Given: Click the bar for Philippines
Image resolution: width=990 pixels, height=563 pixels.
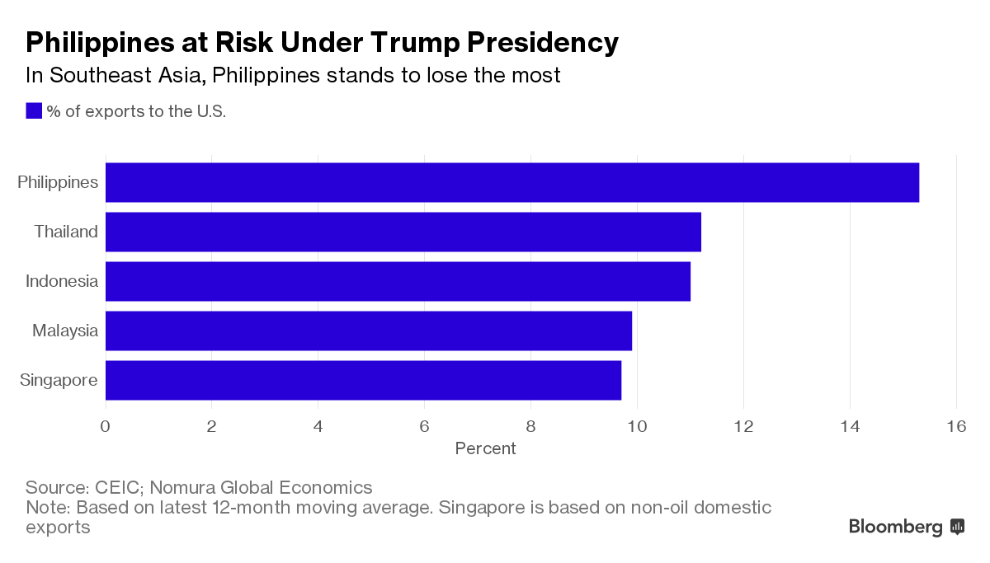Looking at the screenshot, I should click(x=511, y=182).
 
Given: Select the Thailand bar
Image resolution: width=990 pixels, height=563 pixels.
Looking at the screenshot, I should click(x=403, y=232).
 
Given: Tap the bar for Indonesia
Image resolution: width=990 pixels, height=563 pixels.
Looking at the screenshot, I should click(x=398, y=281).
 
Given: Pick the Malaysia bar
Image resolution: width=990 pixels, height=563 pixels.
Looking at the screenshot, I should click(x=368, y=331).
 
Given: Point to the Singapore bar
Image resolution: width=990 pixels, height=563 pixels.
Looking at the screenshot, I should click(x=363, y=380).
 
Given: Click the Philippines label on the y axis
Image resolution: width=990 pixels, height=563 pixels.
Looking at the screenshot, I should click(x=58, y=182).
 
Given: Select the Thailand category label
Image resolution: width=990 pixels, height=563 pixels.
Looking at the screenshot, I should click(x=66, y=232).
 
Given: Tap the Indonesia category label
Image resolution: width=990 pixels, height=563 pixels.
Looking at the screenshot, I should click(x=62, y=281).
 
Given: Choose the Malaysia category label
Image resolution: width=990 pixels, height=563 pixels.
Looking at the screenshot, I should click(x=65, y=331).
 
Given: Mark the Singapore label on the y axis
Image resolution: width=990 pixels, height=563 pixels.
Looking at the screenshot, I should click(x=59, y=380).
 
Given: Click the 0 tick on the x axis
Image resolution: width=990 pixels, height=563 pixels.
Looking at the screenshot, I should click(x=106, y=426).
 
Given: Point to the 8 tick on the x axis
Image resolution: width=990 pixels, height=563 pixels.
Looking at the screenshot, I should click(x=530, y=426).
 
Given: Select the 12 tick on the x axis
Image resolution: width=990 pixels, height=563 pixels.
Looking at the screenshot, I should click(x=743, y=426).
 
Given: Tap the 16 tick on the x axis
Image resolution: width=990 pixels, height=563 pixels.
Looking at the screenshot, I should click(x=956, y=426).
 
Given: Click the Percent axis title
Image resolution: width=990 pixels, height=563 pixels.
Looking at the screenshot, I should click(x=485, y=448).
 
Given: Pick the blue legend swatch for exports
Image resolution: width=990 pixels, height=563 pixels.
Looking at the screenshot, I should click(x=34, y=111).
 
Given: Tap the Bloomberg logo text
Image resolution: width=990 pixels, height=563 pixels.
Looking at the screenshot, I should click(x=895, y=527).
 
